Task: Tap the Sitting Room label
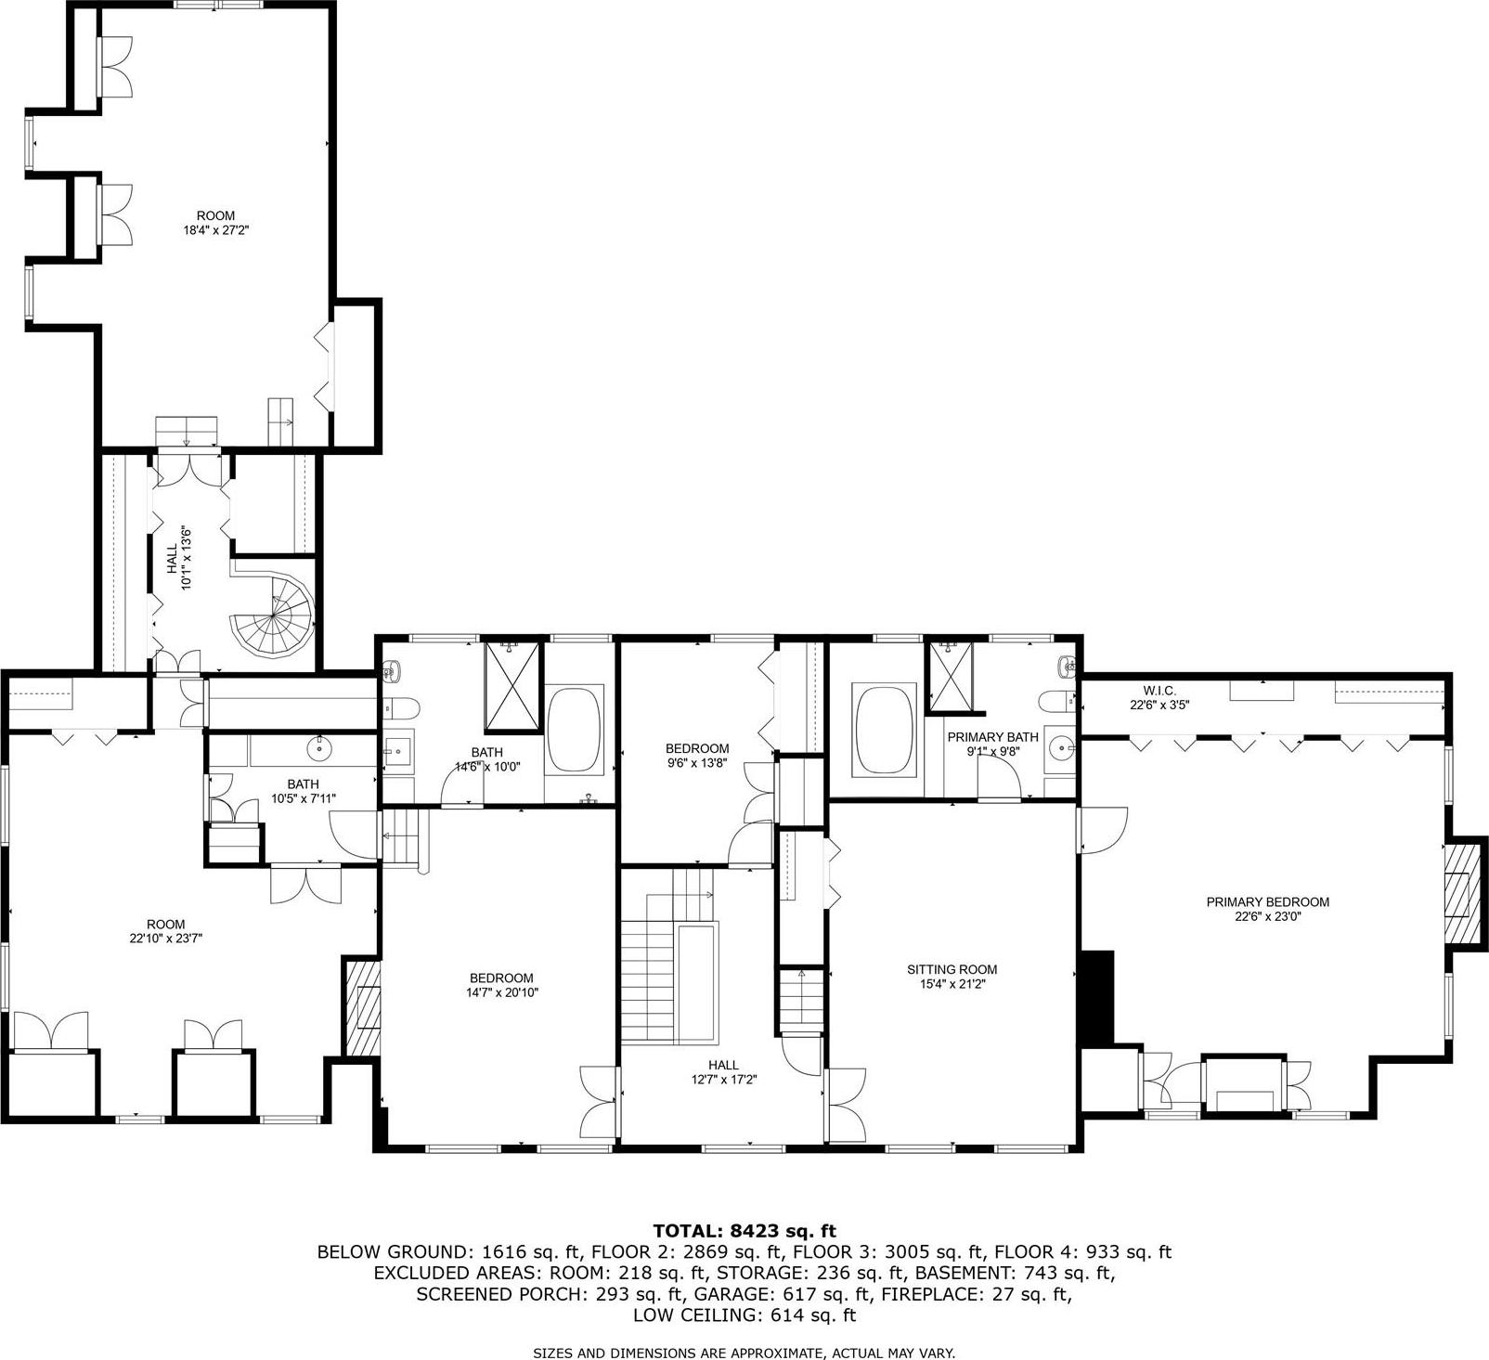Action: tap(952, 977)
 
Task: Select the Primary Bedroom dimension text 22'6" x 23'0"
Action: tap(1267, 916)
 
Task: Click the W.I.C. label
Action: tap(1159, 691)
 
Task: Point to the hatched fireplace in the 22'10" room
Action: tap(362, 1007)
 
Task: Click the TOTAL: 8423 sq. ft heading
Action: tap(744, 1231)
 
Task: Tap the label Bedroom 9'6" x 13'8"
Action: tap(697, 755)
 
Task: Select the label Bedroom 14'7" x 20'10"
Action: tap(501, 984)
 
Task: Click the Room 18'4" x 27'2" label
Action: tap(215, 223)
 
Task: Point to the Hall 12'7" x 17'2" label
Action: tap(723, 1072)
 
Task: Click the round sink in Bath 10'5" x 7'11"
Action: tap(320, 745)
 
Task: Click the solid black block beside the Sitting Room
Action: tap(1098, 998)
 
